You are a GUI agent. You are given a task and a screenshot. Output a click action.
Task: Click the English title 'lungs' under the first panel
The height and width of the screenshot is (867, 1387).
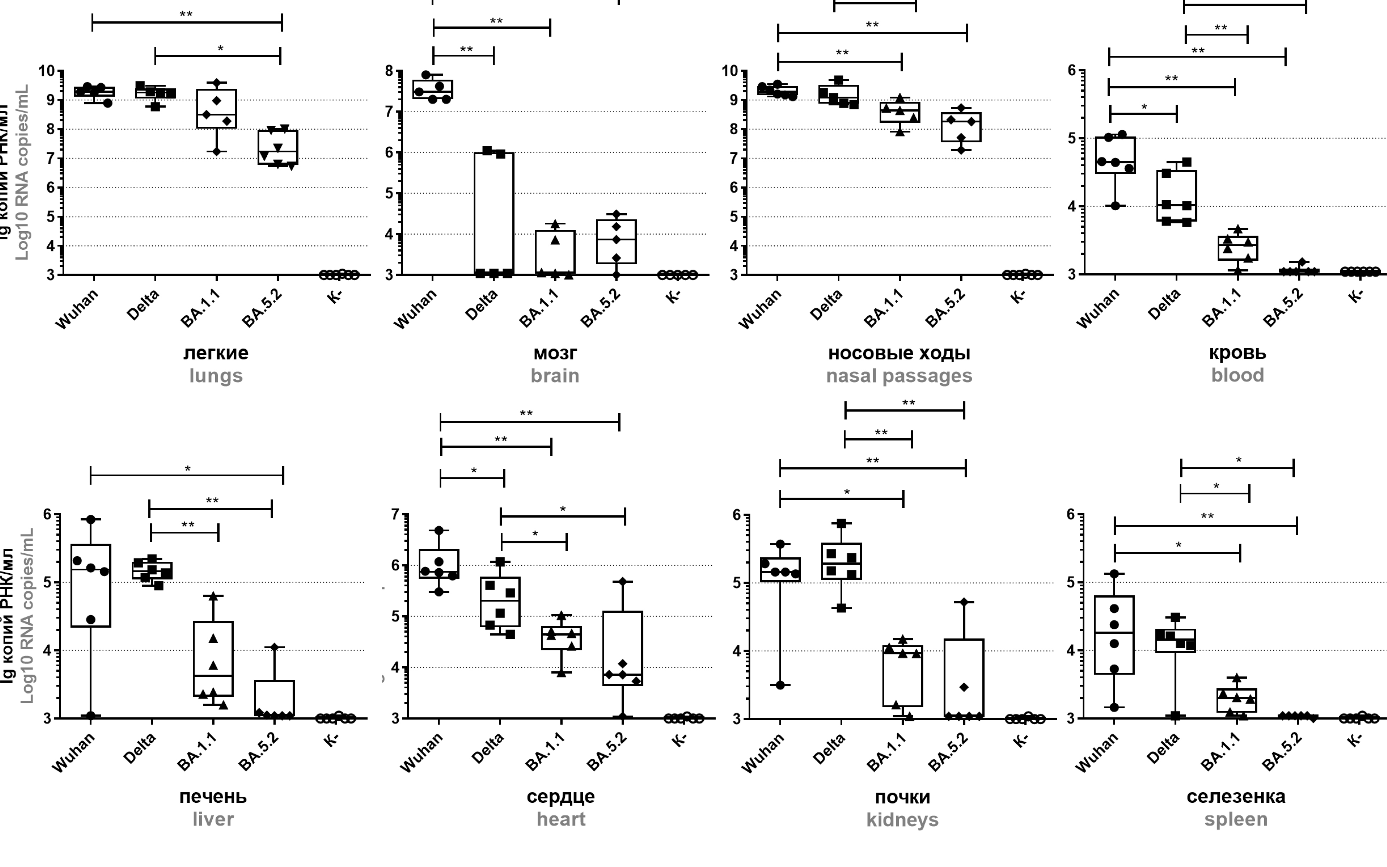pyautogui.click(x=216, y=376)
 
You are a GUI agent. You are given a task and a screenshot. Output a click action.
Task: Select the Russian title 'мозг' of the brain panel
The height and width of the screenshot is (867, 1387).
pyautogui.click(x=555, y=353)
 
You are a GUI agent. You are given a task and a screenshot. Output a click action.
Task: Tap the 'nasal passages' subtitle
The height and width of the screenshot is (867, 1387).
pyautogui.click(x=899, y=376)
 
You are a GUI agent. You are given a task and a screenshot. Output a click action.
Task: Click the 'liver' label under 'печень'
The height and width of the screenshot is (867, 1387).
pyautogui.click(x=213, y=819)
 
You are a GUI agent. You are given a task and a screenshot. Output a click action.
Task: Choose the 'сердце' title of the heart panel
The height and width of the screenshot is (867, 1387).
pyautogui.click(x=561, y=796)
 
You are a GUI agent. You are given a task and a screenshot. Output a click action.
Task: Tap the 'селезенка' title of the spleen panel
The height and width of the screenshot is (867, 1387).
pyautogui.click(x=1236, y=796)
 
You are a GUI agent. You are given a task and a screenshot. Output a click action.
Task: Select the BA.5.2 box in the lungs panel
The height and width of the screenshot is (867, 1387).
pyautogui.click(x=278, y=147)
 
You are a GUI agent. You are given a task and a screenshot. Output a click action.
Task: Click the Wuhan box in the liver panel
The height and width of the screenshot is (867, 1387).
pyautogui.click(x=91, y=585)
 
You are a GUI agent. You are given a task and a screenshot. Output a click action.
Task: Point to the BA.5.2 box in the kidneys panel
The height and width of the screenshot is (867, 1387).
pyautogui.click(x=964, y=678)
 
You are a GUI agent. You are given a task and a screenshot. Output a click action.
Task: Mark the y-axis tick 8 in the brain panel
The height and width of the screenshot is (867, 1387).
pyautogui.click(x=390, y=71)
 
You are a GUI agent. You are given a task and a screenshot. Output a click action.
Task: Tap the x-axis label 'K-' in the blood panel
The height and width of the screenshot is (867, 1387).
pyautogui.click(x=1356, y=297)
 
